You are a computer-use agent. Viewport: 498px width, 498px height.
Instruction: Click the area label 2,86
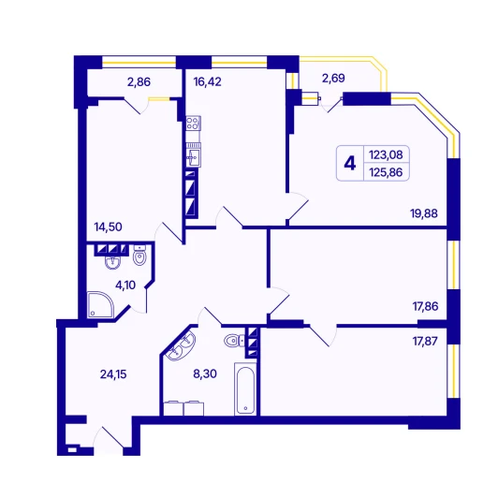(139, 82)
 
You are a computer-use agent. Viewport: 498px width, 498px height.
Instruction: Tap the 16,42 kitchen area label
(208, 81)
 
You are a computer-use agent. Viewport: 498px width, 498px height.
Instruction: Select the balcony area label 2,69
(333, 78)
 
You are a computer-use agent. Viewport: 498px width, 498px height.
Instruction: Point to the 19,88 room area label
(424, 213)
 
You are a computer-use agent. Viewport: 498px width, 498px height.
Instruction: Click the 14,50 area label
(108, 227)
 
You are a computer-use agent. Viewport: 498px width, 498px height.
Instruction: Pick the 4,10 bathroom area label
(125, 286)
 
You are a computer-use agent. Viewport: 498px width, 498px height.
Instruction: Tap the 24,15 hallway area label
(113, 374)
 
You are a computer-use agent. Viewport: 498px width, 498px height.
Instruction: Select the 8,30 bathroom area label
(205, 373)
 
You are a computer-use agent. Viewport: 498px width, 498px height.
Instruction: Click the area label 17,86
(425, 306)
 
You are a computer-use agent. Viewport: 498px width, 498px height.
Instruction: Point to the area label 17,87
(425, 341)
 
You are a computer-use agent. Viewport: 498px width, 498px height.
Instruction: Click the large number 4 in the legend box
(350, 164)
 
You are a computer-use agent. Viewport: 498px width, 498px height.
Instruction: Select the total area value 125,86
(386, 172)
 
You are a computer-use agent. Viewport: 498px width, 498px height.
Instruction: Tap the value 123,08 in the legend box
(386, 154)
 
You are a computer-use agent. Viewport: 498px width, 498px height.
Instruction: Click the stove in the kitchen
(193, 123)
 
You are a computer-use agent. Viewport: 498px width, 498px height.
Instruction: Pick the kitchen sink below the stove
(193, 154)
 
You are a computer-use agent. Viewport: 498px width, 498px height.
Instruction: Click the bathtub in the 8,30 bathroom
(245, 389)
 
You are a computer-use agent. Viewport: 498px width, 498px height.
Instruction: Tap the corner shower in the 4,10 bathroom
(100, 305)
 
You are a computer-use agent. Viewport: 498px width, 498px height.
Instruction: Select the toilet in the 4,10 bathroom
(139, 255)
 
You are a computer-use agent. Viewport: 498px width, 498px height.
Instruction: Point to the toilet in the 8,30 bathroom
(234, 341)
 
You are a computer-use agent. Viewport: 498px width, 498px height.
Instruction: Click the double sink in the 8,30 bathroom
(181, 346)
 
